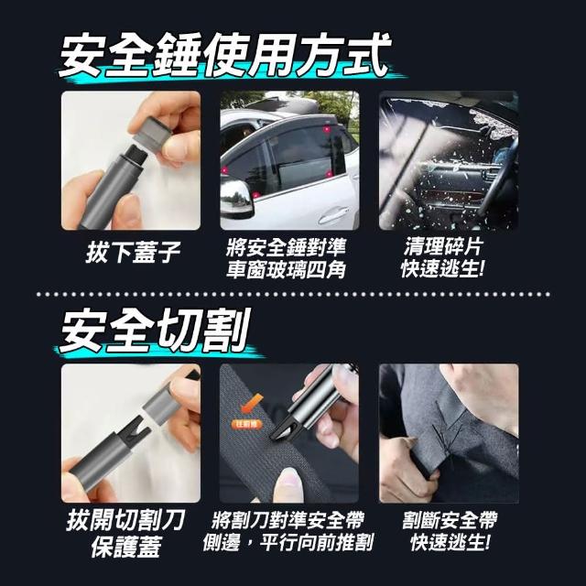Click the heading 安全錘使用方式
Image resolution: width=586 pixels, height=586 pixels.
click(x=224, y=56)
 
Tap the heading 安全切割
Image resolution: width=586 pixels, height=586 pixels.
click(x=154, y=331)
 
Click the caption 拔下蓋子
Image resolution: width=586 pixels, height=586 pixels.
click(x=133, y=253)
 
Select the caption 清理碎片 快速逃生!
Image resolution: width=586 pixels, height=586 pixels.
click(x=442, y=257)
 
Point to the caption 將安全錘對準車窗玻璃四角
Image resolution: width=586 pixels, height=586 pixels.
click(x=286, y=257)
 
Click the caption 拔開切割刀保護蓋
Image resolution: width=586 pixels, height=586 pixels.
click(x=126, y=533)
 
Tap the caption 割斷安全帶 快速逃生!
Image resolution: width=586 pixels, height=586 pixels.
click(x=450, y=531)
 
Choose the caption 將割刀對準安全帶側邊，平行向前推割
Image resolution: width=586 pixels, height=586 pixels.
click(x=288, y=531)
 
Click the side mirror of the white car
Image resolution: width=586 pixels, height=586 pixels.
click(x=236, y=198)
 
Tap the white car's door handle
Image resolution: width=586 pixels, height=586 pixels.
click(x=333, y=214)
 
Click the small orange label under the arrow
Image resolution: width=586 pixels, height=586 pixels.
click(x=247, y=423)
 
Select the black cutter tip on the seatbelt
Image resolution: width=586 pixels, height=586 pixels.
click(x=283, y=428)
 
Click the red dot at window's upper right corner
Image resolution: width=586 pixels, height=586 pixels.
click(x=327, y=130)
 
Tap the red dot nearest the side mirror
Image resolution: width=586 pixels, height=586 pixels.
click(x=255, y=195)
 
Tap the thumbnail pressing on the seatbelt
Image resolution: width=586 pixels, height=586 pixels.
click(x=290, y=479)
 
